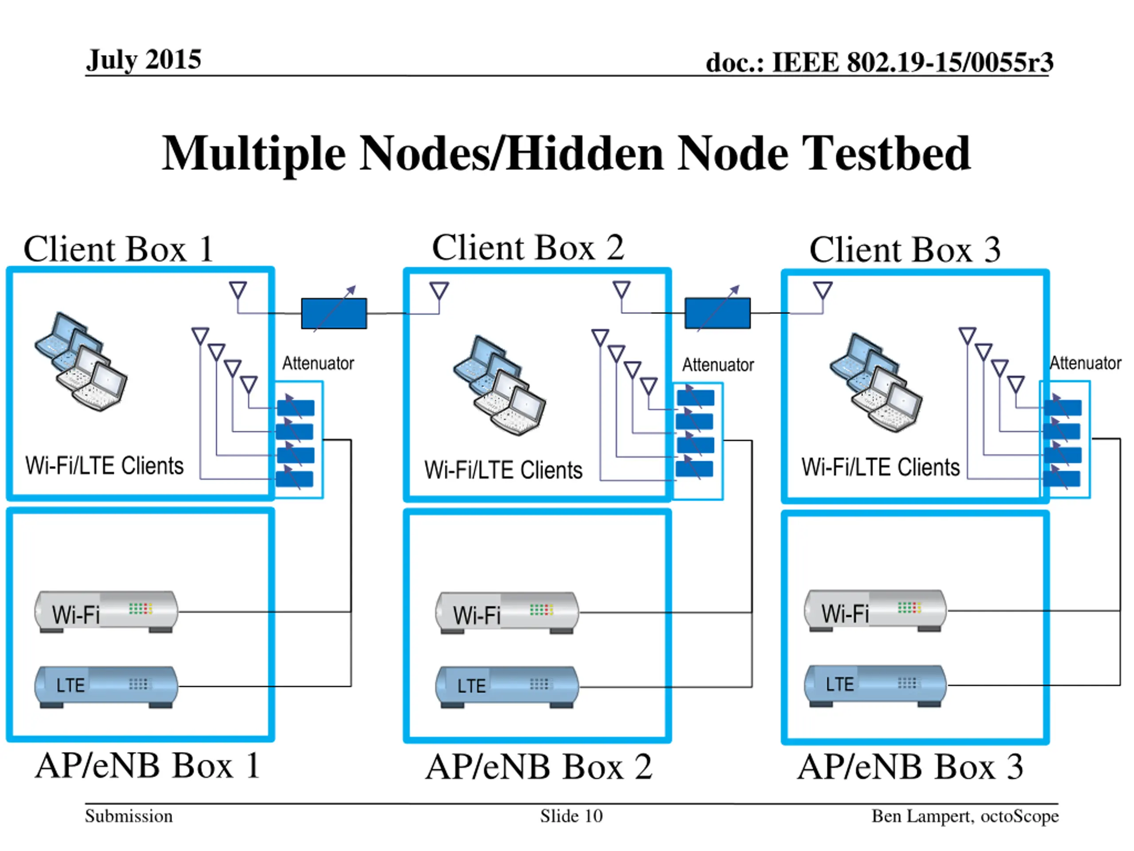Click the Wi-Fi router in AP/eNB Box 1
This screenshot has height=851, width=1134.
[x=106, y=612]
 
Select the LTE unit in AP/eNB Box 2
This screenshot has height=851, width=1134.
[x=507, y=686]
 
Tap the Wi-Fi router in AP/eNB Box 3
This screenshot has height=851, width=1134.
[x=875, y=610]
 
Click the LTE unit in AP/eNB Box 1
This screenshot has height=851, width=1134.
[x=106, y=686]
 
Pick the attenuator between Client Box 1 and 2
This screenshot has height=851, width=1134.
[x=334, y=313]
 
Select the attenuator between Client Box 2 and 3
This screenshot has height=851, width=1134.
[x=717, y=313]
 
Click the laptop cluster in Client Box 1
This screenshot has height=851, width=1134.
[x=81, y=362]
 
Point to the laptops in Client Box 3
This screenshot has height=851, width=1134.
[x=876, y=382]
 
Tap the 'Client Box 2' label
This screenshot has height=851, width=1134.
[x=528, y=248]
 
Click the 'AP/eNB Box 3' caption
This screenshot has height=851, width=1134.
[x=910, y=767]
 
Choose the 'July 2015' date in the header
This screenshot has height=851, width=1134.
[x=144, y=60]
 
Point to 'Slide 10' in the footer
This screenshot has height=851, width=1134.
[x=571, y=816]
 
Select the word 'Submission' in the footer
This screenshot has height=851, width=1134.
[x=128, y=816]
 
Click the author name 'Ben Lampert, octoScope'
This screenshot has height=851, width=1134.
[x=965, y=816]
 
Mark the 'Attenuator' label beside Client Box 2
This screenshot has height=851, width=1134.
[x=718, y=365]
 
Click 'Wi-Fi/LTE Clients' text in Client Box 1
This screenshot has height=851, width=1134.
[x=105, y=466]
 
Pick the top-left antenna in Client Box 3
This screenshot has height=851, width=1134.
[x=822, y=290]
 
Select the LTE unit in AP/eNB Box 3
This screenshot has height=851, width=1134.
[x=875, y=685]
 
